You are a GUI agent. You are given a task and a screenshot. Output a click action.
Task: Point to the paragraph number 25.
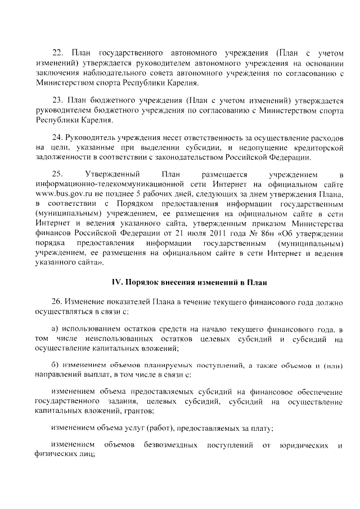57,174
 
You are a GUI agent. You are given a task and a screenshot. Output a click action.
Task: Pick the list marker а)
55,328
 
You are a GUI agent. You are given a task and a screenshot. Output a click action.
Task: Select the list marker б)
55,366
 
